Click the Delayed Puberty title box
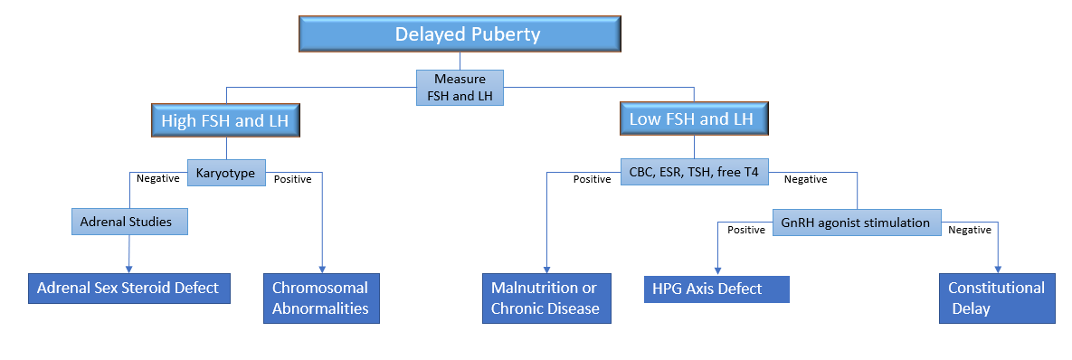pos(460,34)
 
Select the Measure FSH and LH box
pos(460,88)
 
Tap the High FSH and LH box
pos(225,122)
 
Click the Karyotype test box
pos(227,174)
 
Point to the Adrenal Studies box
pos(130,222)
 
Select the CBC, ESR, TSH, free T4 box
pos(694,172)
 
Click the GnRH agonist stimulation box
pos(857,223)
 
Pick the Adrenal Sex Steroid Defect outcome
pos(129,289)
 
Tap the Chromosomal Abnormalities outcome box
pos(321,298)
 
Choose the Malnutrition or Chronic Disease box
pos(546,298)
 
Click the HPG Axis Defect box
pos(716,289)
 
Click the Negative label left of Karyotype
pos(158,178)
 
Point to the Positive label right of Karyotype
pos(292,180)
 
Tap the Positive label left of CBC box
pos(592,180)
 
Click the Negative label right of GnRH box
pos(970,231)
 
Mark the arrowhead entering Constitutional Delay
pos(999,270)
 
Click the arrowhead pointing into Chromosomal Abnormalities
pos(322,270)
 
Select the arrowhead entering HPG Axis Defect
pos(716,271)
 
